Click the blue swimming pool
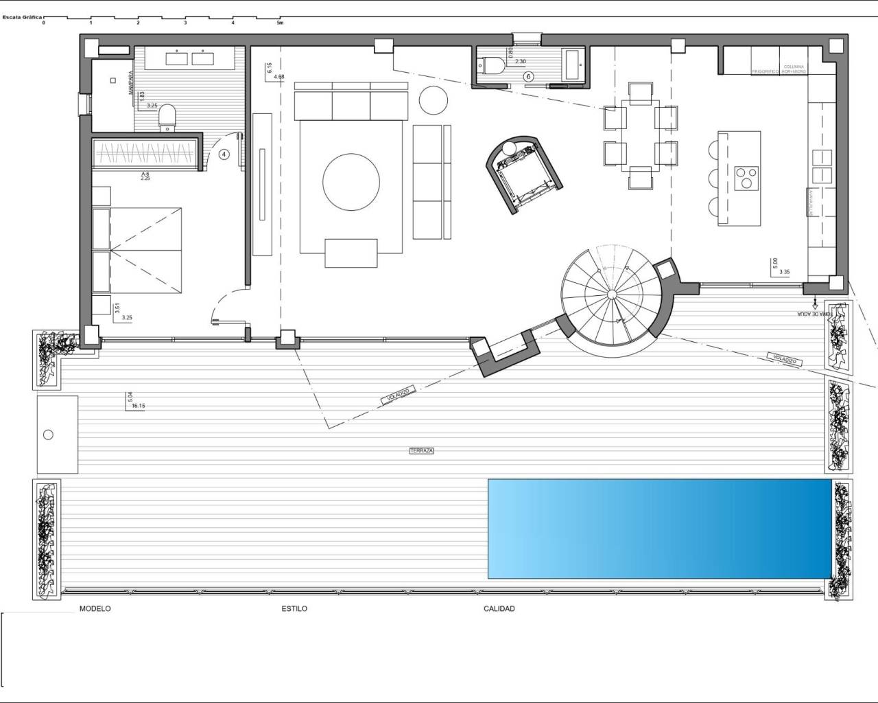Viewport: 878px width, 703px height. pyautogui.click(x=659, y=529)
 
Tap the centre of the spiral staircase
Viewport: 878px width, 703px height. pyautogui.click(x=612, y=295)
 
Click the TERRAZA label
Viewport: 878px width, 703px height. pyautogui.click(x=422, y=451)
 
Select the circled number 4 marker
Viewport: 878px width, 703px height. pyautogui.click(x=224, y=154)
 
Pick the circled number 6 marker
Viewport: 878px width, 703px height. pyautogui.click(x=528, y=77)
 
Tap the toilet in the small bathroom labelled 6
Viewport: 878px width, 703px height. pyautogui.click(x=495, y=66)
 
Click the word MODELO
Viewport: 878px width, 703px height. pyautogui.click(x=95, y=609)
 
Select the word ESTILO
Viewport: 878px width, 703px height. pyautogui.click(x=294, y=609)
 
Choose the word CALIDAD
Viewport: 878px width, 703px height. pyautogui.click(x=499, y=609)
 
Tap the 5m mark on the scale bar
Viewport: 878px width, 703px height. pyautogui.click(x=280, y=23)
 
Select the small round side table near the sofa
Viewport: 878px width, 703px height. pyautogui.click(x=434, y=101)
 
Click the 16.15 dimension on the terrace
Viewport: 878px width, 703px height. pyautogui.click(x=138, y=406)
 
